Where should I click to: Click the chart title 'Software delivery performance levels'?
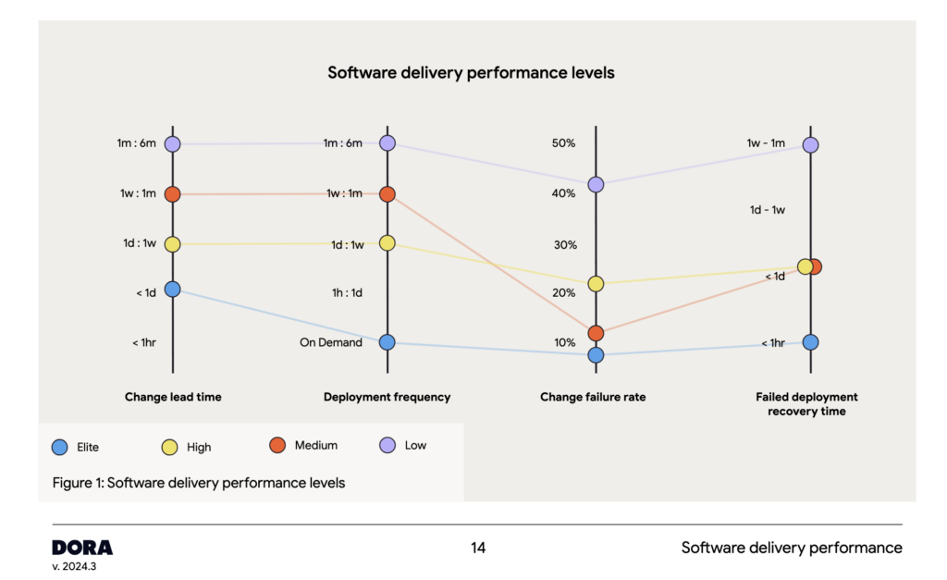pyautogui.click(x=471, y=72)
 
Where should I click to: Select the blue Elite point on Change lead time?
pyautogui.click(x=173, y=290)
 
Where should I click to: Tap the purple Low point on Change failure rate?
pyautogui.click(x=596, y=185)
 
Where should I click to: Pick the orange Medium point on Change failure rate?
pyautogui.click(x=596, y=333)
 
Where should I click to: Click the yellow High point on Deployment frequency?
pyautogui.click(x=387, y=243)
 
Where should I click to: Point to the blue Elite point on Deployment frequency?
pyautogui.click(x=387, y=342)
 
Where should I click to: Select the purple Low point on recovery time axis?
pyautogui.click(x=810, y=145)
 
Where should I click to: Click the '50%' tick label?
pyautogui.click(x=564, y=143)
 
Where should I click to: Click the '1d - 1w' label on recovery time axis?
pyautogui.click(x=767, y=210)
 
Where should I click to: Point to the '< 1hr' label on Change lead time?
pyautogui.click(x=143, y=342)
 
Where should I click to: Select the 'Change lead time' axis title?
pyautogui.click(x=173, y=397)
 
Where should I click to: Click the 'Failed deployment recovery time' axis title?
pyautogui.click(x=806, y=403)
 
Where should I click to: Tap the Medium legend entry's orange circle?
pyautogui.click(x=276, y=446)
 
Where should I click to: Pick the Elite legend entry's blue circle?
pyautogui.click(x=60, y=447)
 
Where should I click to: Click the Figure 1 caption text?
pyautogui.click(x=199, y=482)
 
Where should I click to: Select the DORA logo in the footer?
pyautogui.click(x=82, y=547)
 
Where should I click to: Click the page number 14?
pyautogui.click(x=478, y=548)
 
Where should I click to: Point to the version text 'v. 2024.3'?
pyautogui.click(x=74, y=566)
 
